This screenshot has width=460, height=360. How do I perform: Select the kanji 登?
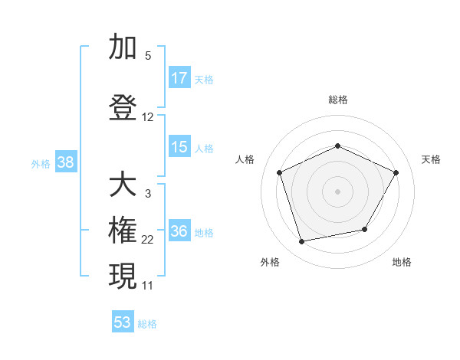(x=123, y=108)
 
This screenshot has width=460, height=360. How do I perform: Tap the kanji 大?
(x=123, y=185)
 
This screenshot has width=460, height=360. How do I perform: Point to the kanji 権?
(x=123, y=231)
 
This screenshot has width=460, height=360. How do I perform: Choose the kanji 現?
(x=123, y=276)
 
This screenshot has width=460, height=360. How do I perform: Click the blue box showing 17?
(x=179, y=78)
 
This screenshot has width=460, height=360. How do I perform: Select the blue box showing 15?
(x=179, y=147)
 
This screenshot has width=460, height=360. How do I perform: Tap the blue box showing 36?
(x=179, y=232)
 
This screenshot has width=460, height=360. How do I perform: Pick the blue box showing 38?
(x=65, y=162)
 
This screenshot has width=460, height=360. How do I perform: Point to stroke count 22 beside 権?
(x=148, y=240)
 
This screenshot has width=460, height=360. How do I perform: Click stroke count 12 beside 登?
(x=148, y=117)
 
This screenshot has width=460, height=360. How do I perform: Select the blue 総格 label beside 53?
(x=147, y=324)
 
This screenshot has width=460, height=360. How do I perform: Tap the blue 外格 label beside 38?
(x=41, y=163)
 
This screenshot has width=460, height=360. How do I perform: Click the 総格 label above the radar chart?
(x=338, y=100)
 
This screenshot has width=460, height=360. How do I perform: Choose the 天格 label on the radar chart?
(x=432, y=159)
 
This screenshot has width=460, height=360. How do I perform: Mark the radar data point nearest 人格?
(x=280, y=172)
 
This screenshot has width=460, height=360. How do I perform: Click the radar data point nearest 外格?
(x=302, y=242)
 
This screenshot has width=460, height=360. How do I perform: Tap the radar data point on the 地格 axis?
(x=365, y=229)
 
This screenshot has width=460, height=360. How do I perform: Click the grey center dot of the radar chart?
(x=338, y=191)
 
